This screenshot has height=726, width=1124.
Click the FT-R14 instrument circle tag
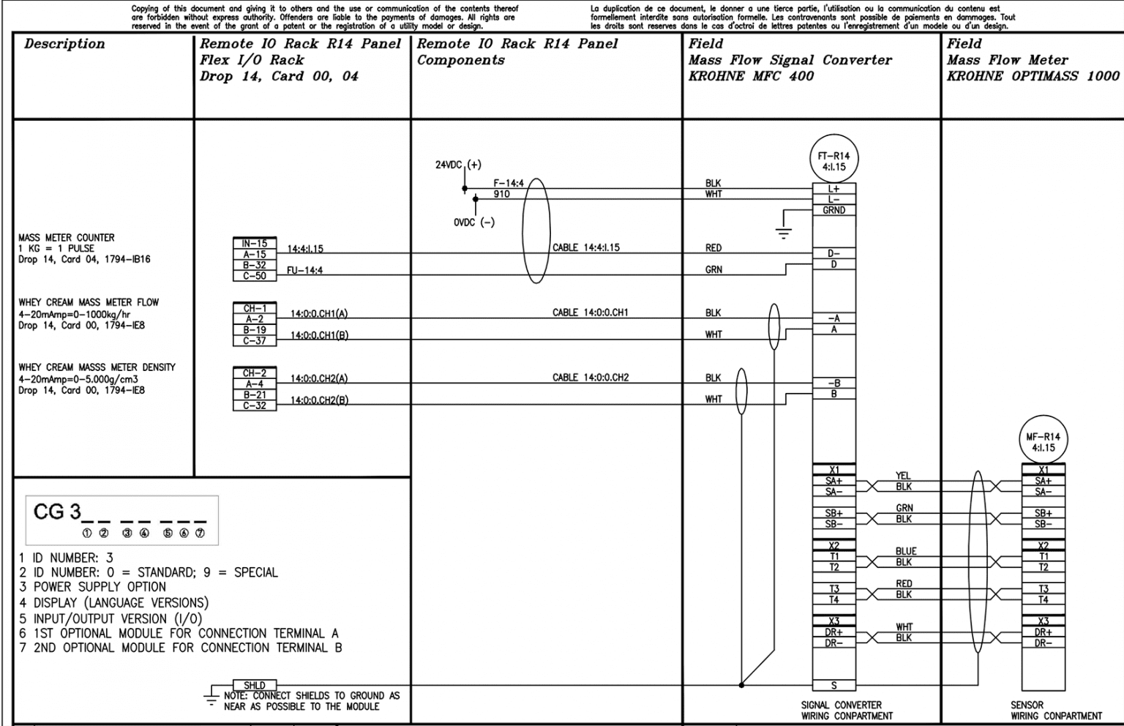pyautogui.click(x=833, y=161)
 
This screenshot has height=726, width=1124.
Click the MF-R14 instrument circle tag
pyautogui.click(x=1043, y=442)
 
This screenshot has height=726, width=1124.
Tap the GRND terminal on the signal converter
pyautogui.click(x=833, y=211)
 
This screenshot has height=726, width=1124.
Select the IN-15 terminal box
pyautogui.click(x=255, y=244)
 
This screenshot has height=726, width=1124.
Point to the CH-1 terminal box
pyautogui.click(x=255, y=308)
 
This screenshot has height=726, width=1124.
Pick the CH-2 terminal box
pyautogui.click(x=255, y=373)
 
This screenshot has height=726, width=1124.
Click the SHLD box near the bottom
pyautogui.click(x=255, y=685)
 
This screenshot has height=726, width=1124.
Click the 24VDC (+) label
pyautogui.click(x=458, y=165)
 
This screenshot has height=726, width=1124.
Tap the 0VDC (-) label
pyautogui.click(x=473, y=222)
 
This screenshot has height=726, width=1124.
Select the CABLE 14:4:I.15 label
pyautogui.click(x=585, y=247)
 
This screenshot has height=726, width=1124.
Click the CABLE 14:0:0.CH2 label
pyautogui.click(x=590, y=378)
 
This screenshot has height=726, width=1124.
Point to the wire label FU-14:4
pyautogui.click(x=304, y=270)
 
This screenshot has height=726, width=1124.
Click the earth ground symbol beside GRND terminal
pyautogui.click(x=784, y=233)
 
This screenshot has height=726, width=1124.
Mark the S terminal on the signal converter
pyautogui.click(x=833, y=686)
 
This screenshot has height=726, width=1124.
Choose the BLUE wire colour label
pyautogui.click(x=905, y=551)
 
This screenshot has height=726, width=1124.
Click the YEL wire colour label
pyautogui.click(x=903, y=476)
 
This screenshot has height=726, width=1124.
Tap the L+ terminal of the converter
pyautogui.click(x=833, y=189)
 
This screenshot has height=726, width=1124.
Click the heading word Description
pyautogui.click(x=64, y=44)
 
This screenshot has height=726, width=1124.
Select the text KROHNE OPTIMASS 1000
pyautogui.click(x=1033, y=76)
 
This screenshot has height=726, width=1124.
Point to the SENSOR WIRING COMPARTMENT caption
pyautogui.click(x=1056, y=711)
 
